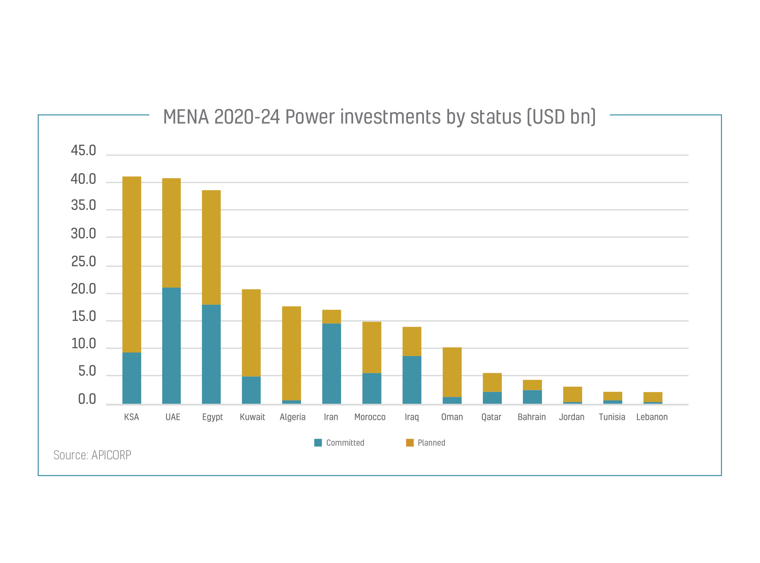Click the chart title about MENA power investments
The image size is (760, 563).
point(379,117)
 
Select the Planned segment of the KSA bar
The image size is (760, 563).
point(132,264)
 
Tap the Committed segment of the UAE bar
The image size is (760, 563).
point(171,346)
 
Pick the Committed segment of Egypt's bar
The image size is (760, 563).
point(211,354)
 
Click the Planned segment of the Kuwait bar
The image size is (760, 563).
point(251,333)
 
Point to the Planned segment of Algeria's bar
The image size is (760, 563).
point(291,353)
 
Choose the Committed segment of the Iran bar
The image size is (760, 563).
point(331,364)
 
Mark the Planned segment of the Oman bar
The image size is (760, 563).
point(452,372)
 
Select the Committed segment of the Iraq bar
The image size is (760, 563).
point(412,380)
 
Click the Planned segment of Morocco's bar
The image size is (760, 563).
point(372,347)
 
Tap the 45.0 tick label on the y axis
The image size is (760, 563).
point(83,151)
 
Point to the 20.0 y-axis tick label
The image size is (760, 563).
point(83,289)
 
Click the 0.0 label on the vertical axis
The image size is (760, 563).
point(87,399)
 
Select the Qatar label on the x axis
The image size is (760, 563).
point(491,417)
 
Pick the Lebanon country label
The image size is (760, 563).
point(652,417)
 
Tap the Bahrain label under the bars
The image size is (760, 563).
point(531,417)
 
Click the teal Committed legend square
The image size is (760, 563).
point(318,443)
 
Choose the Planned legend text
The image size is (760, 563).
point(431,443)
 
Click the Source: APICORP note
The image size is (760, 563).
point(92,455)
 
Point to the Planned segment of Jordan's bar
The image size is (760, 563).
point(572,394)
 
